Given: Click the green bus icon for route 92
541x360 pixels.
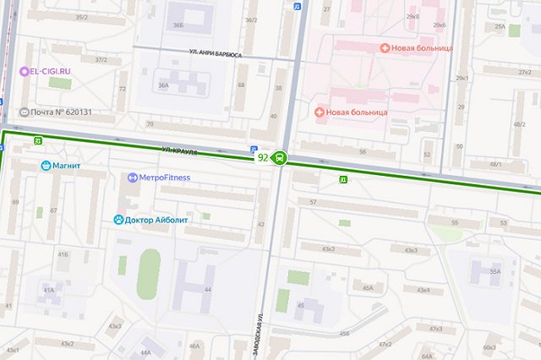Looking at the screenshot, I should point(279,157).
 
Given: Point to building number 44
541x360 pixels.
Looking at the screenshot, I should point(207,289).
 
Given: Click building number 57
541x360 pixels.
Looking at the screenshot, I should point(313,201).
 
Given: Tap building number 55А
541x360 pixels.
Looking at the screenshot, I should point(495,272).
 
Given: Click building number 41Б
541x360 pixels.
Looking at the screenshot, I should point(63,254).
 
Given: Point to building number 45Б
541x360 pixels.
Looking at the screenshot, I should point(343,334).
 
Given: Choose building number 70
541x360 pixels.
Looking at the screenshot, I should point(150,124).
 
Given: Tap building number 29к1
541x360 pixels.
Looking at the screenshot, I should point(462,79).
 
